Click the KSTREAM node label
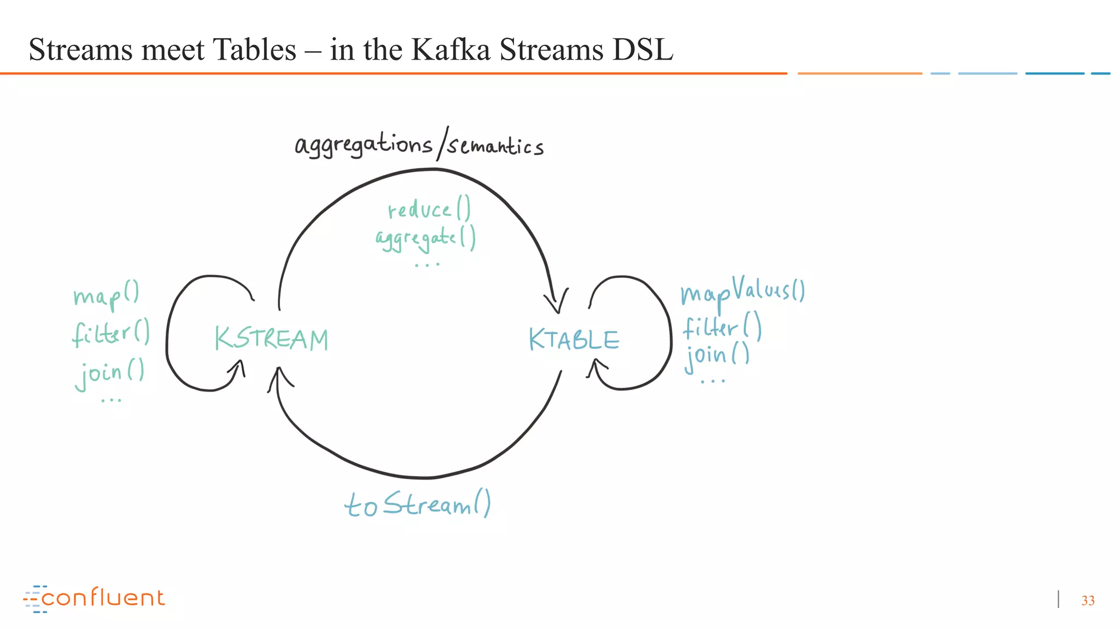271,339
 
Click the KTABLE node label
574,340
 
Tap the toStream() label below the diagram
417,504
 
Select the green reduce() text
429,209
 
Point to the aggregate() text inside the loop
425,238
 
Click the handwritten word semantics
495,146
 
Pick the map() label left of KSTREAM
106,295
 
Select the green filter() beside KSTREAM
110,332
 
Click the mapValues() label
742,291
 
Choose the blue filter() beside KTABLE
721,327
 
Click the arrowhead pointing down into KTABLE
557,304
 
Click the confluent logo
94,598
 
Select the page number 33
1088,600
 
